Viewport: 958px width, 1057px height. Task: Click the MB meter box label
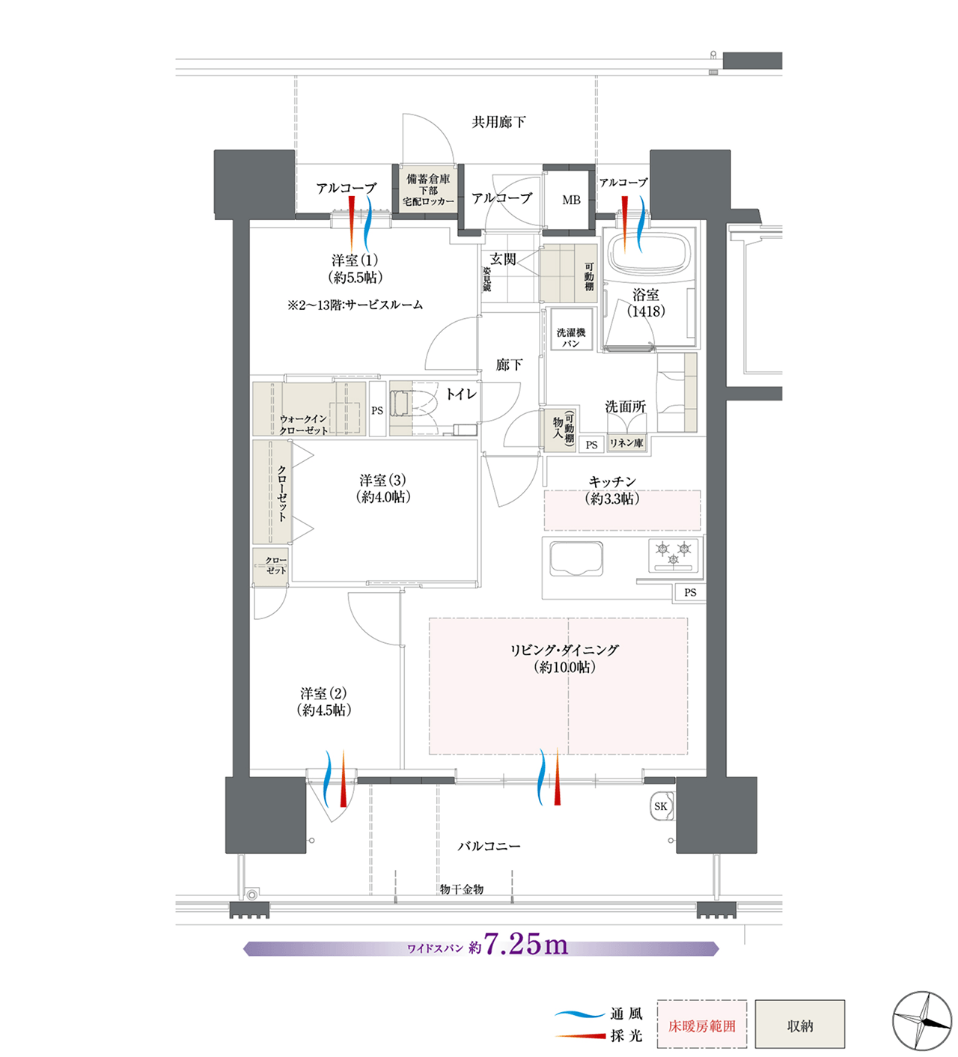pos(571,200)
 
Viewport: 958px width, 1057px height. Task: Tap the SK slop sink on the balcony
pos(662,806)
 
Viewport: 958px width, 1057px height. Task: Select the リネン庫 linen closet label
pos(626,443)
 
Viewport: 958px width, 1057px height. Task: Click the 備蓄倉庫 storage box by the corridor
pos(427,189)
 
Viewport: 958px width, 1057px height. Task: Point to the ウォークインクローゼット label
pos(303,424)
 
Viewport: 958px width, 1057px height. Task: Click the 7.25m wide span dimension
pos(525,944)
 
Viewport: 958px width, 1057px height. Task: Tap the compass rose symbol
pos(921,1020)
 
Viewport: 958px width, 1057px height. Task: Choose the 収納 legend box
pos(800,1024)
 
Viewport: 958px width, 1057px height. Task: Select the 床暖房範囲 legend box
pos(702,1024)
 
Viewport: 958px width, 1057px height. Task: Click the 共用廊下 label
pos(498,122)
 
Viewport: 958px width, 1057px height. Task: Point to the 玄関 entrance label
pos(503,259)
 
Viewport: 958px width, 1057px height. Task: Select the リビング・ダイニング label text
pos(564,651)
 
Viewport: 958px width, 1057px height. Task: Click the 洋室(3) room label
pos(383,480)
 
